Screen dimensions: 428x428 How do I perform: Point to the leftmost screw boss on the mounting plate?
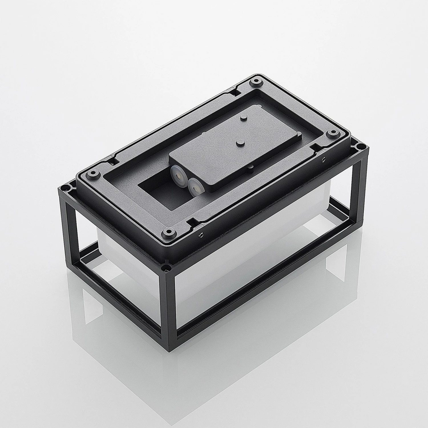pos(92,173)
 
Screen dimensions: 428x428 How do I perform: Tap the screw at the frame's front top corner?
pos(165,268)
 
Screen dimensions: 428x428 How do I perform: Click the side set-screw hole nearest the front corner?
pos(202,234)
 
